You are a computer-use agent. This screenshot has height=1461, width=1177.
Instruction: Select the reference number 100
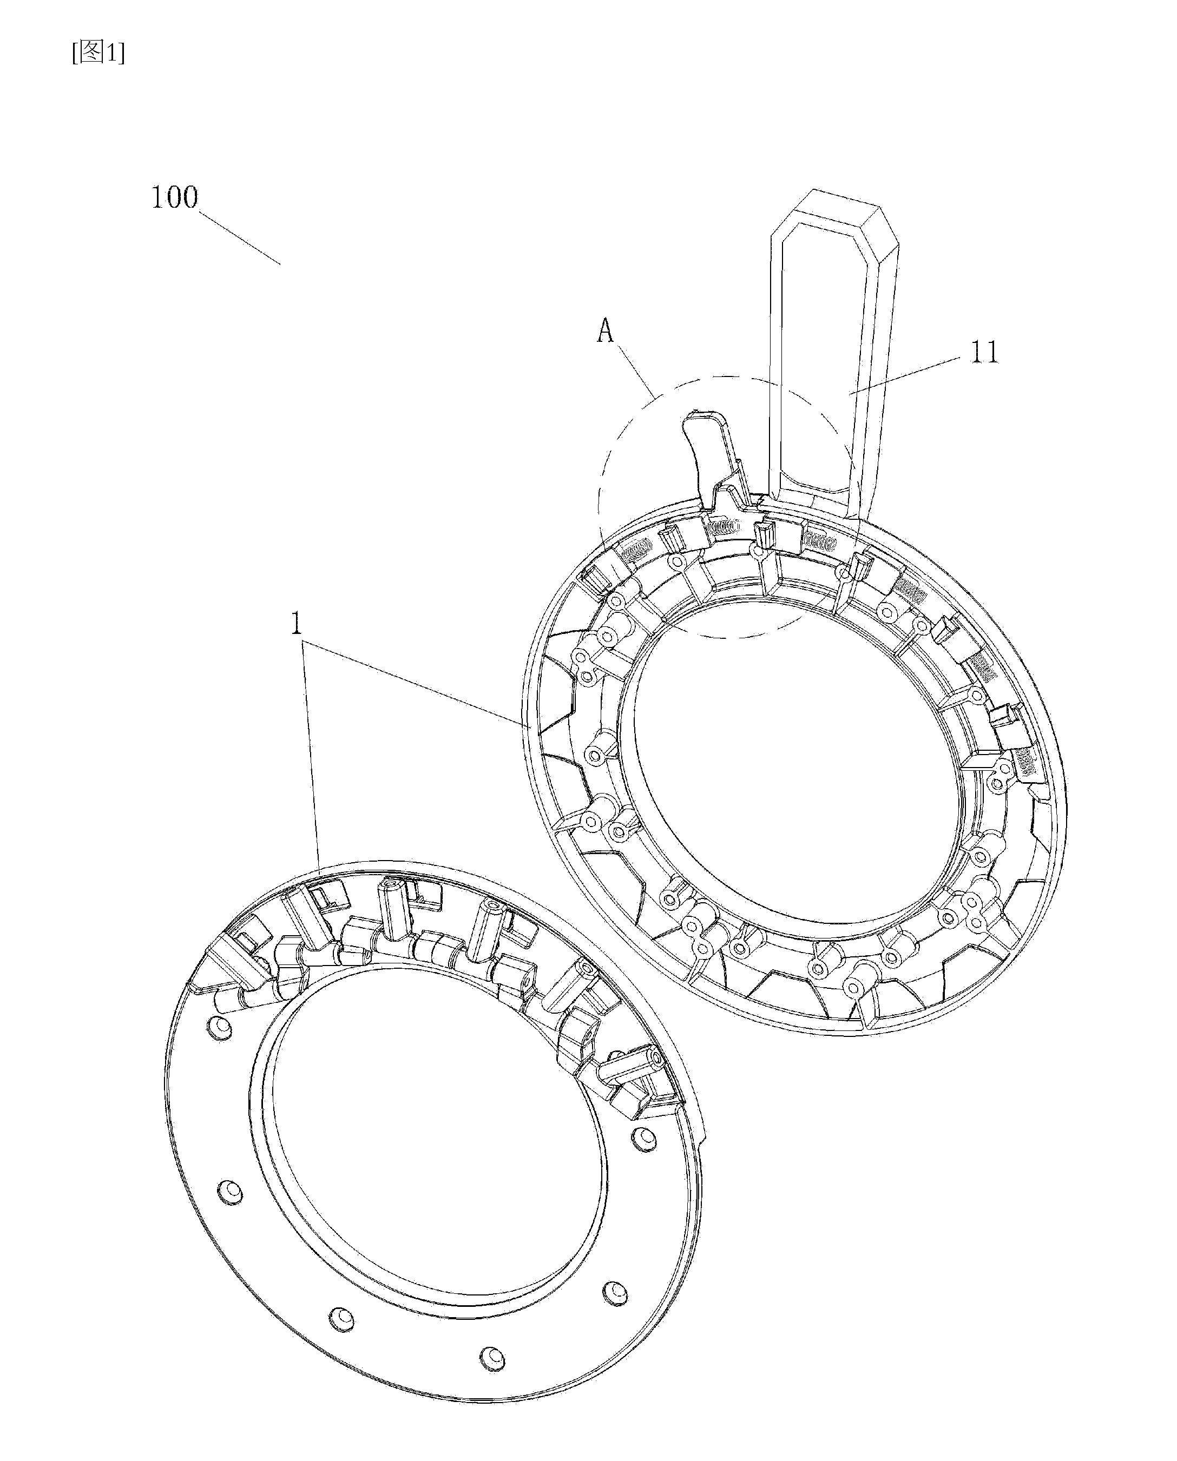click(174, 198)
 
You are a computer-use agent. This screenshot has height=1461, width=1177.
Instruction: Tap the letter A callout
click(605, 332)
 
